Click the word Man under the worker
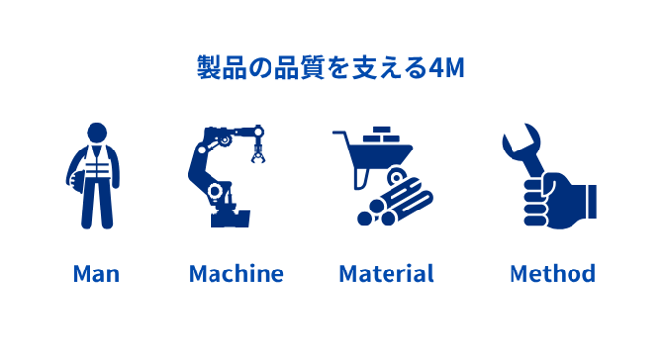click(96, 273)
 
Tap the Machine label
click(236, 273)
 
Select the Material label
click(387, 273)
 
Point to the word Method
click(553, 273)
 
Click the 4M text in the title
click(447, 68)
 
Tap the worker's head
click(97, 133)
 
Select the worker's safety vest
click(97, 162)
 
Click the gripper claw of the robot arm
click(258, 154)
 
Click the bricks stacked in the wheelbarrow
click(382, 135)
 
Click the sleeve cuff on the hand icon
click(590, 202)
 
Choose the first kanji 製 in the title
click(210, 68)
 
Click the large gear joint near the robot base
click(215, 191)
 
